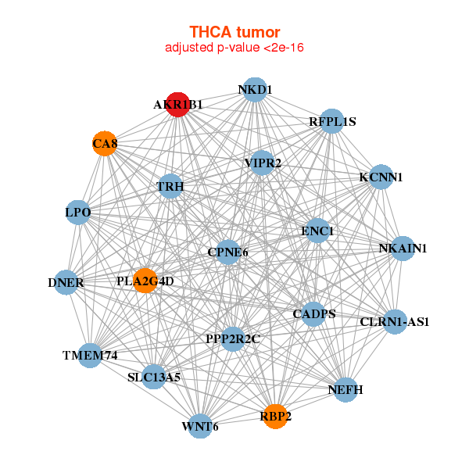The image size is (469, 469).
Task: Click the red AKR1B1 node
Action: pyautogui.click(x=178, y=104)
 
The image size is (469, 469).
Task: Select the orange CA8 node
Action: pyautogui.click(x=105, y=144)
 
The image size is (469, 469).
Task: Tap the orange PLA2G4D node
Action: pyautogui.click(x=145, y=281)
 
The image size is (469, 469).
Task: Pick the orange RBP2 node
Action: pyautogui.click(x=275, y=417)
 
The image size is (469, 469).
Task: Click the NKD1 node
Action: pyautogui.click(x=255, y=90)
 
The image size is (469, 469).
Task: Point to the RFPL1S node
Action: pyautogui.click(x=332, y=121)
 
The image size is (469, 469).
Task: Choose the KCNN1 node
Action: pyautogui.click(x=381, y=177)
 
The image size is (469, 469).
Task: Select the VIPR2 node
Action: pyautogui.click(x=262, y=163)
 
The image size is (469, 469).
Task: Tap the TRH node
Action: pyautogui.click(x=170, y=188)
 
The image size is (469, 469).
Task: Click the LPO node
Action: pyautogui.click(x=78, y=212)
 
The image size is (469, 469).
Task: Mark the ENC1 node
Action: pyautogui.click(x=317, y=231)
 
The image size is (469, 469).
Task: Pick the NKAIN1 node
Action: pyautogui.click(x=403, y=249)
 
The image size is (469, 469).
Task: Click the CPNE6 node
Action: pyautogui.click(x=227, y=252)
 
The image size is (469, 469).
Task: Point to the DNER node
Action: pyautogui.click(x=66, y=281)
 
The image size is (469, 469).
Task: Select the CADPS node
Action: pyautogui.click(x=313, y=314)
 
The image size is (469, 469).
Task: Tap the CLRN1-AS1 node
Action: pyautogui.click(x=395, y=321)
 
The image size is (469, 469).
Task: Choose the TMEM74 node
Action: pyautogui.click(x=90, y=356)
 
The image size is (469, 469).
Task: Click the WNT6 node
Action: pyautogui.click(x=200, y=426)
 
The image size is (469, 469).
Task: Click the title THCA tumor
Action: pyautogui.click(x=234, y=32)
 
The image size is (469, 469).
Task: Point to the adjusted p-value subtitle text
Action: pyautogui.click(x=234, y=48)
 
